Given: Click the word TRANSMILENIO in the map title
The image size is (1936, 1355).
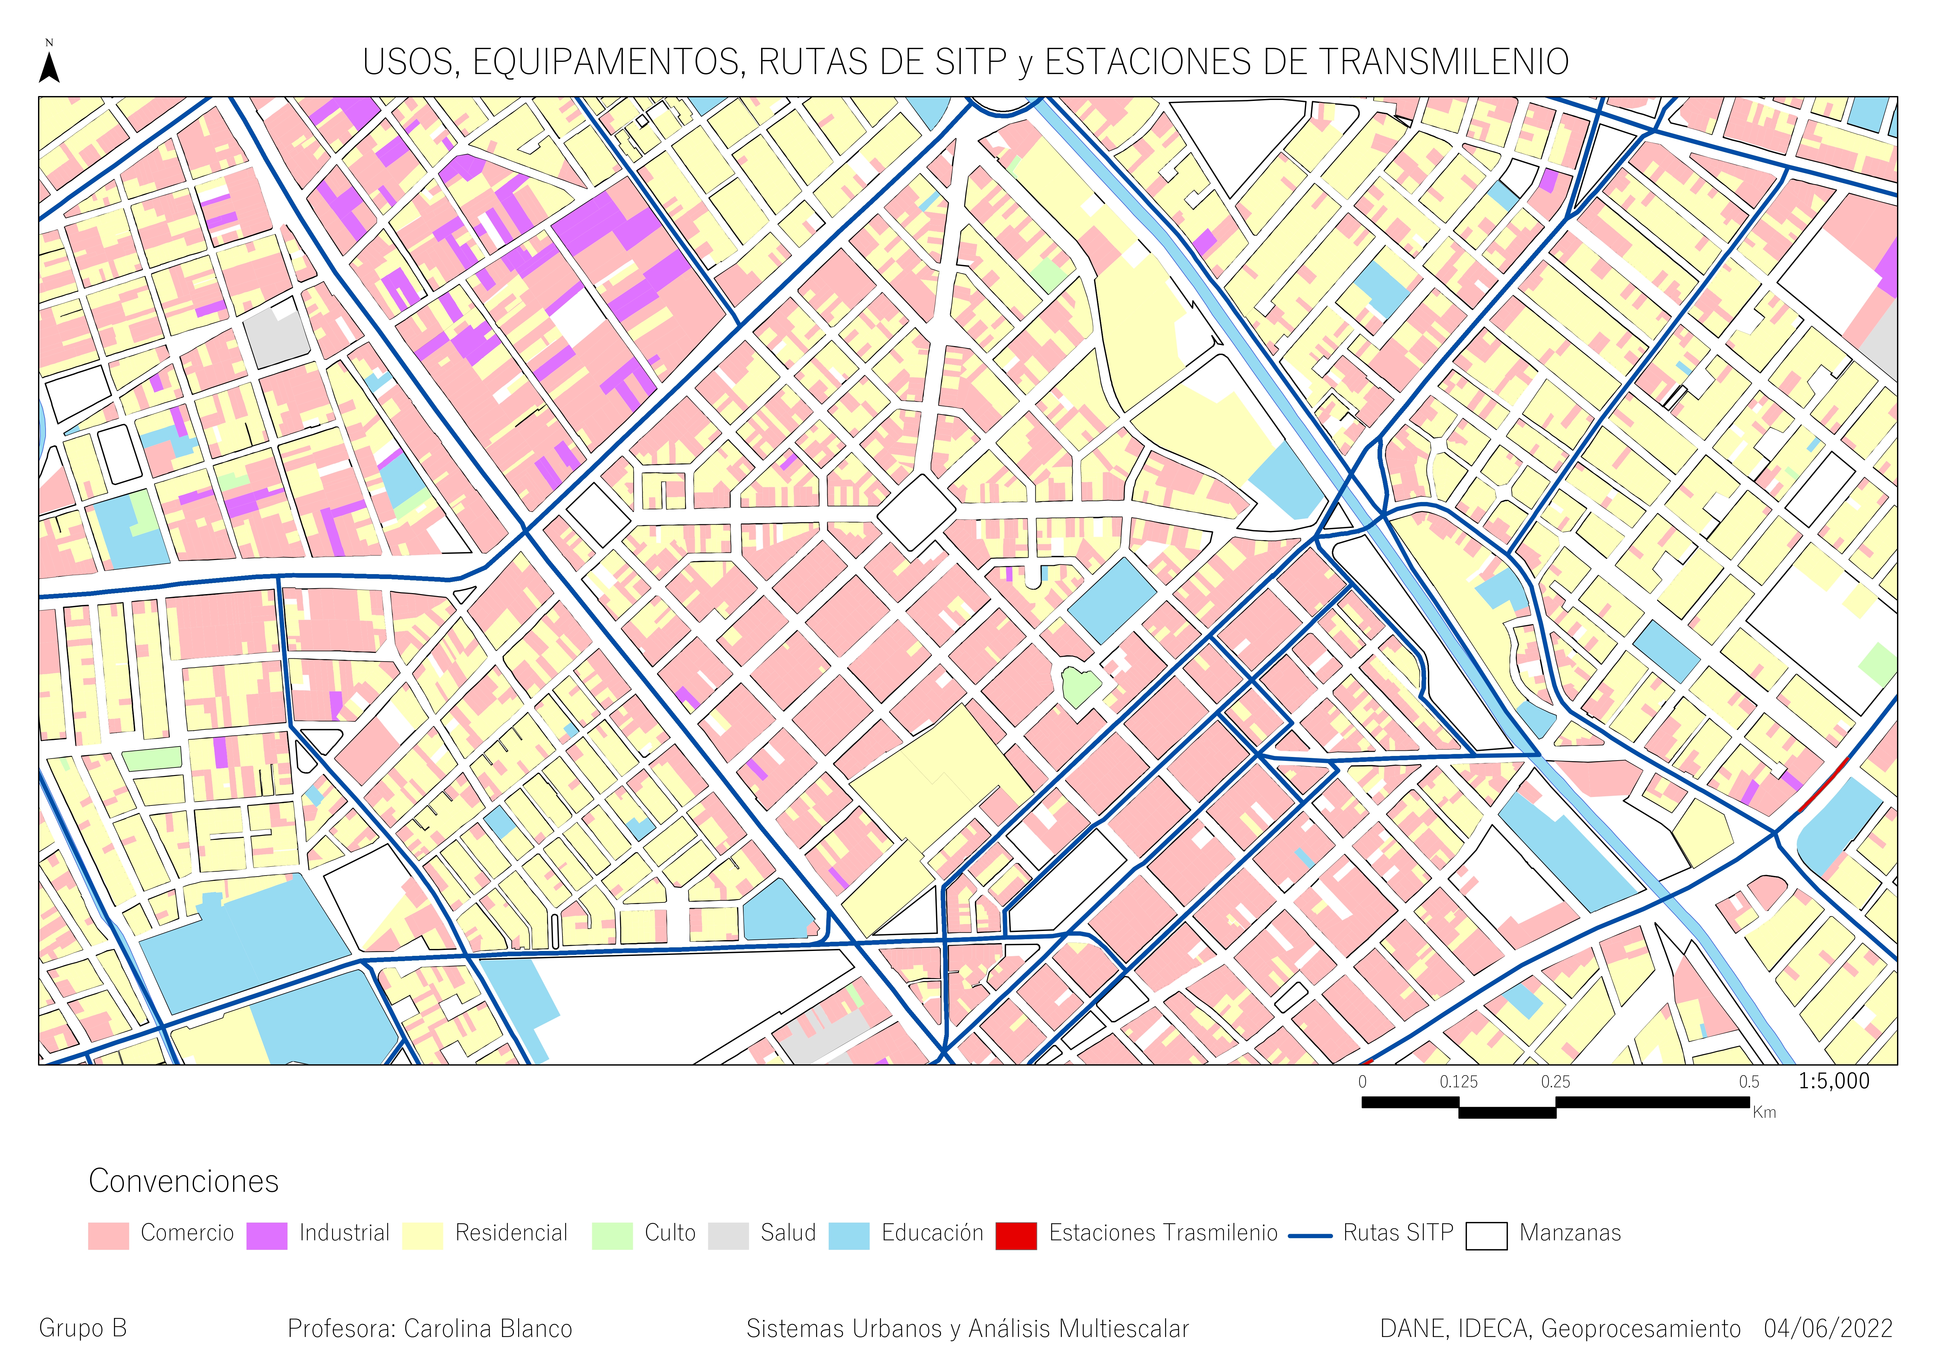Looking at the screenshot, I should click(x=1443, y=62).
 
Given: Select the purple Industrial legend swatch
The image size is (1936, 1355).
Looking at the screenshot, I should click(x=266, y=1235).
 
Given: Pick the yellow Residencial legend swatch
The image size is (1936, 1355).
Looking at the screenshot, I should click(x=422, y=1235).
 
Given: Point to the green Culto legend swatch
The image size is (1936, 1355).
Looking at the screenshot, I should click(x=612, y=1235).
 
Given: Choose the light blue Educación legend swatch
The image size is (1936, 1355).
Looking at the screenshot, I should click(x=848, y=1235).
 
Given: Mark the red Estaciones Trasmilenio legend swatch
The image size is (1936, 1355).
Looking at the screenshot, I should click(x=1016, y=1235).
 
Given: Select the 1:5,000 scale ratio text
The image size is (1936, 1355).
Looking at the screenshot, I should click(x=1834, y=1081).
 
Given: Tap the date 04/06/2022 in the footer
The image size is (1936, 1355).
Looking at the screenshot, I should click(x=1828, y=1329).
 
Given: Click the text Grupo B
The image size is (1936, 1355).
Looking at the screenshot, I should click(x=83, y=1329).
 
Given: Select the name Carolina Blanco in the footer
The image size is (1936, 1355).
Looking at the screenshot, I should click(x=488, y=1329).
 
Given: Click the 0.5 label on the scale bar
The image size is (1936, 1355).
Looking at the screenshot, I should click(x=1749, y=1082).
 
